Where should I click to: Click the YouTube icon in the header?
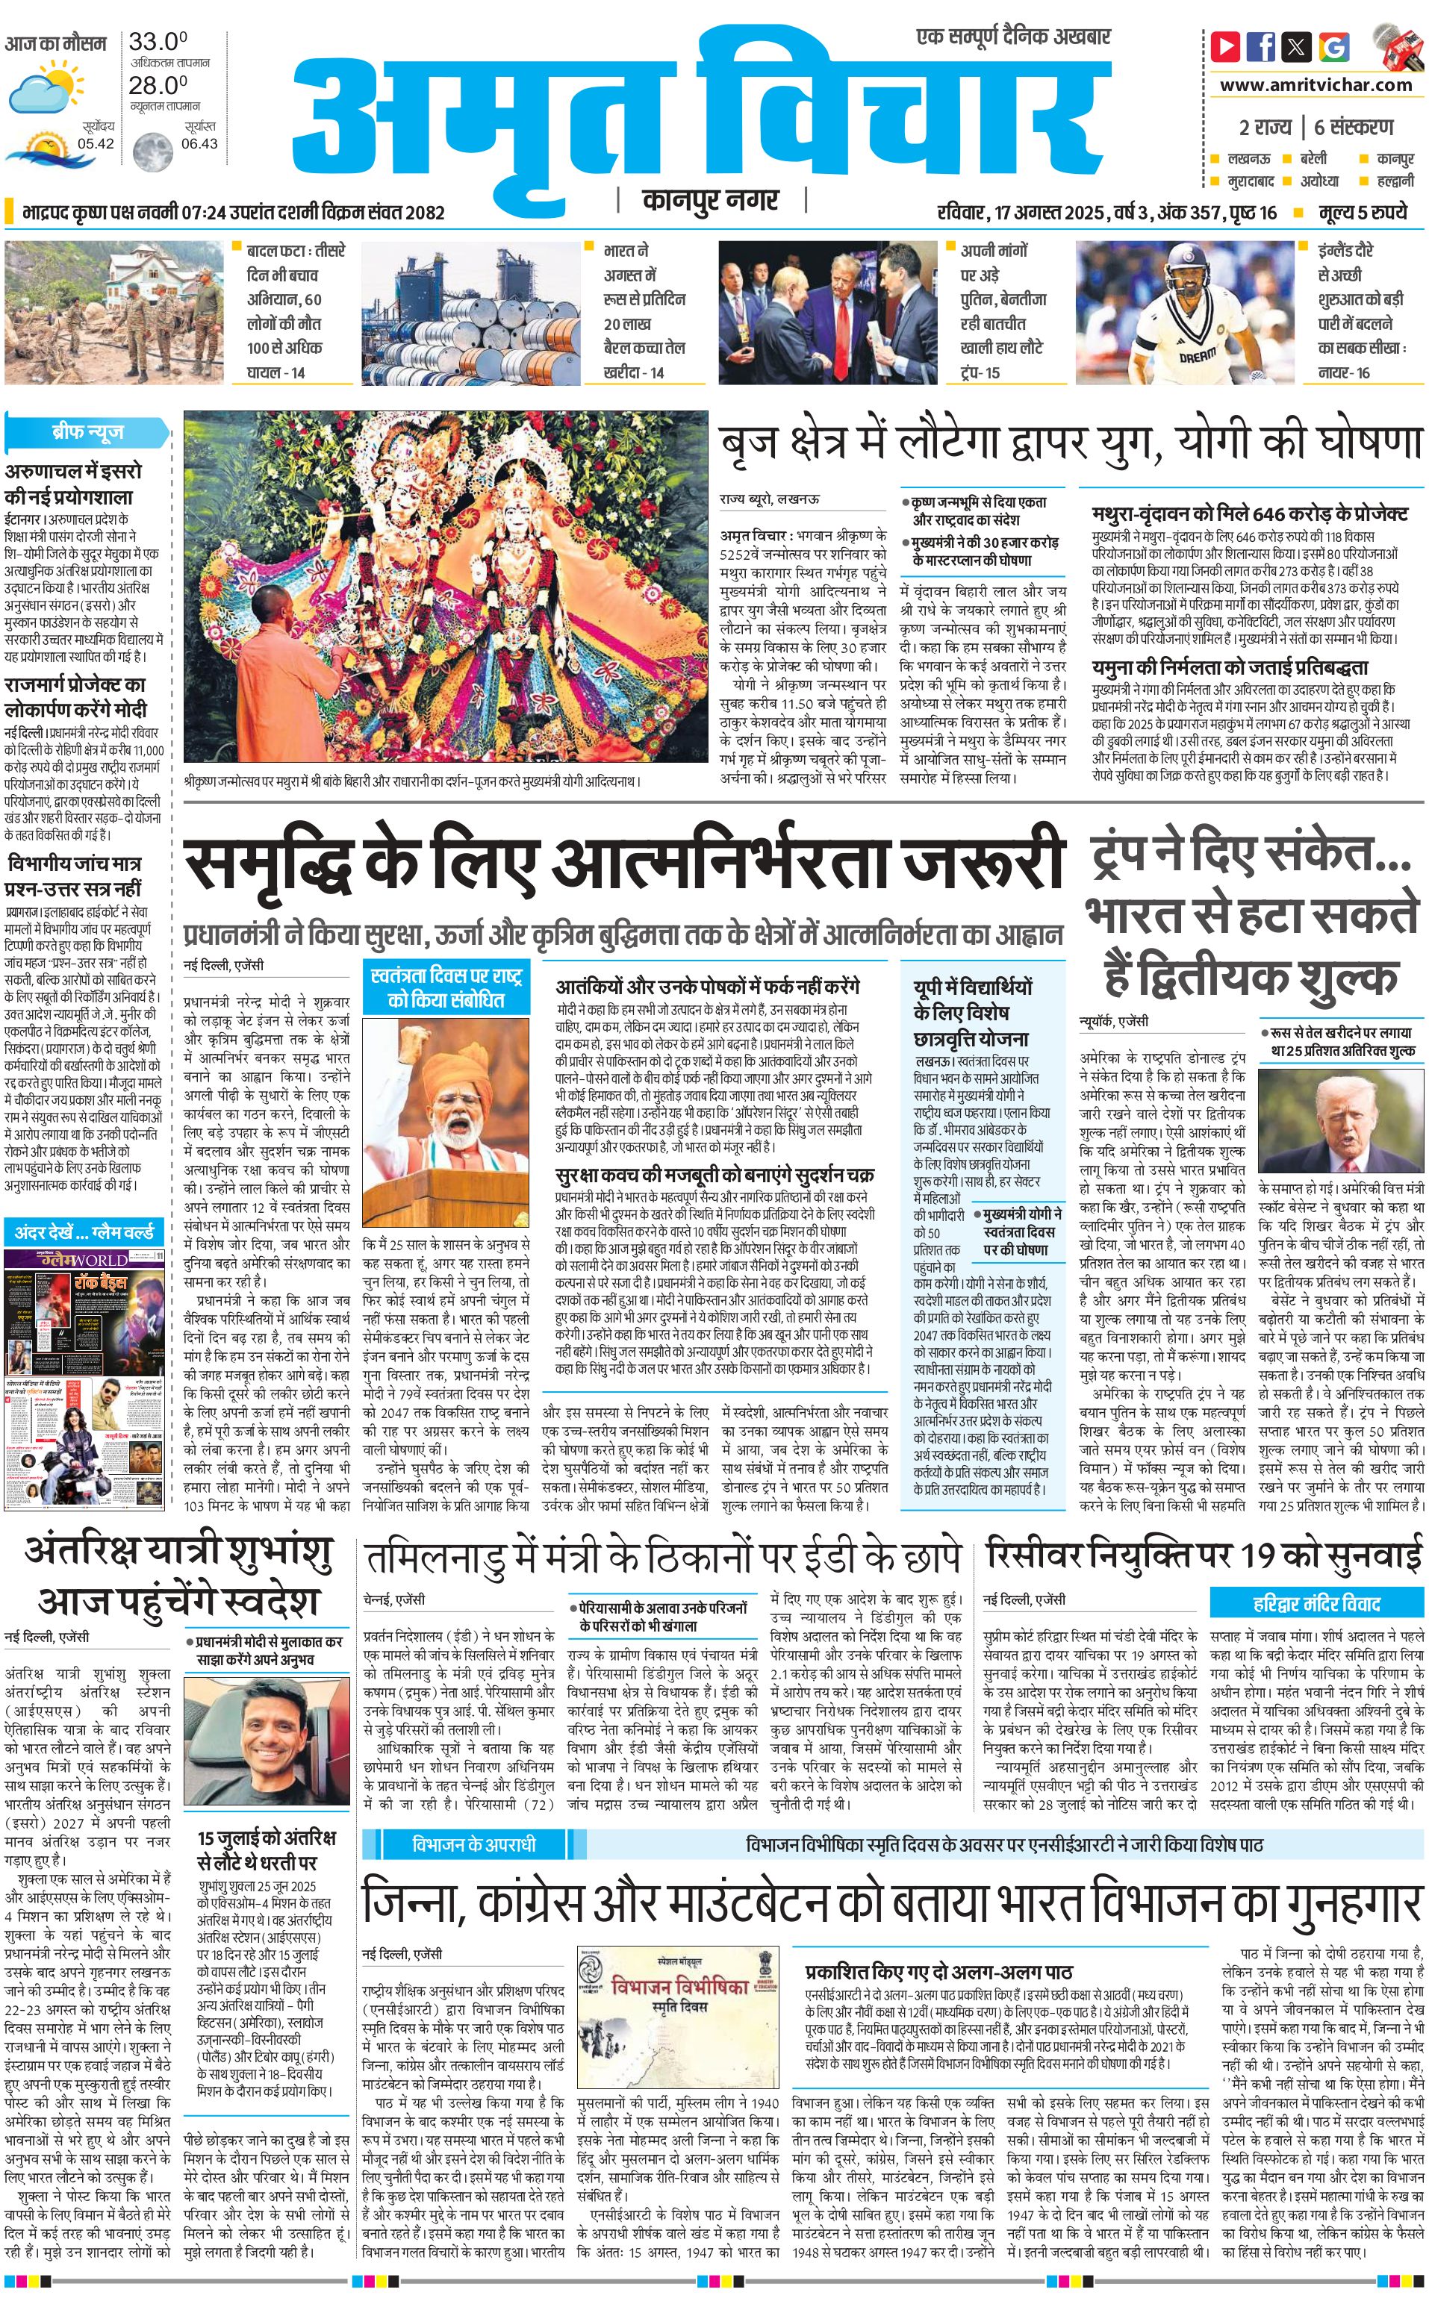tap(1226, 46)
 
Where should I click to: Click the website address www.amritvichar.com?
tap(1316, 85)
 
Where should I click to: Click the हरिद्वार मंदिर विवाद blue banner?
tap(1316, 1603)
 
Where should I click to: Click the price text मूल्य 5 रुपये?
tap(1363, 213)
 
